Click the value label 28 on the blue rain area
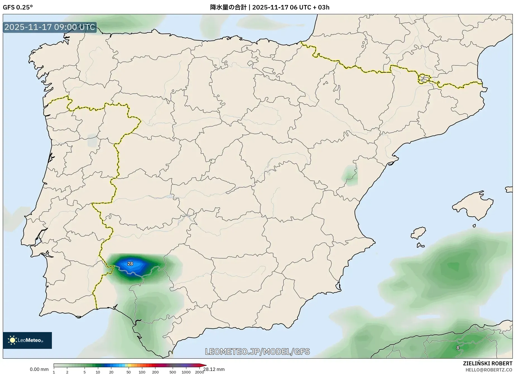(130, 264)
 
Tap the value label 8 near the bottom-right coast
(458, 348)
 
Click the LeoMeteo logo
(27, 340)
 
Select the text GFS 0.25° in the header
(18, 7)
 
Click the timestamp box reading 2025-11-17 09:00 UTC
(50, 27)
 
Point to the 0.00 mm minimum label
(39, 369)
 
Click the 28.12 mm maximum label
(214, 369)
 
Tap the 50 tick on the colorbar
(128, 372)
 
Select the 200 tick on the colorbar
(155, 372)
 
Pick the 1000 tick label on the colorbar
(186, 372)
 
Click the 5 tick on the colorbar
(85, 372)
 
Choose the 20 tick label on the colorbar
(111, 372)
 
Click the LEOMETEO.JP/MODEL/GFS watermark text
(257, 351)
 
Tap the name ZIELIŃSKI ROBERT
(488, 363)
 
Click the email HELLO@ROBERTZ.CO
(489, 370)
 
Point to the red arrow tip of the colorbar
(204, 365)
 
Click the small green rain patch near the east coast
(350, 175)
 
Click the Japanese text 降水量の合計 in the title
(228, 7)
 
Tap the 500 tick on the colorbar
(173, 372)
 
